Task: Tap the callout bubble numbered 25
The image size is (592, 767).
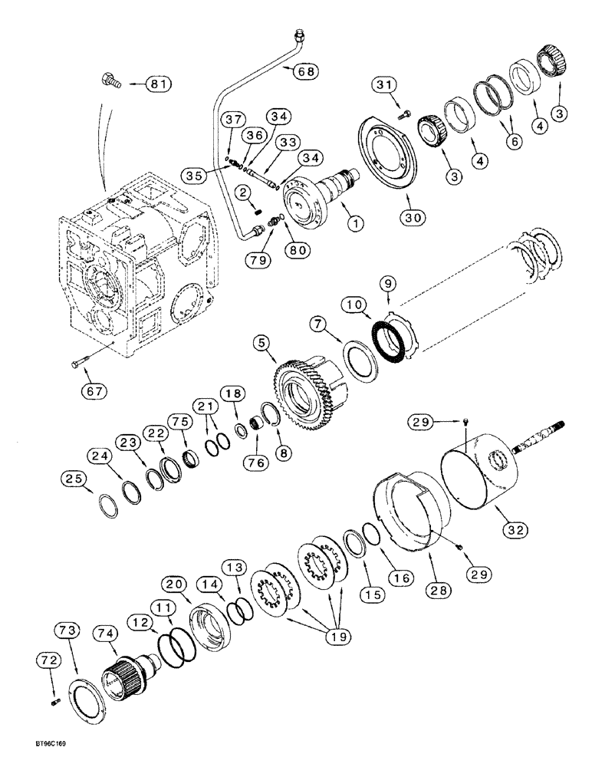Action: (x=74, y=479)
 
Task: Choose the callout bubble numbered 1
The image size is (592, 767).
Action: (x=354, y=224)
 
